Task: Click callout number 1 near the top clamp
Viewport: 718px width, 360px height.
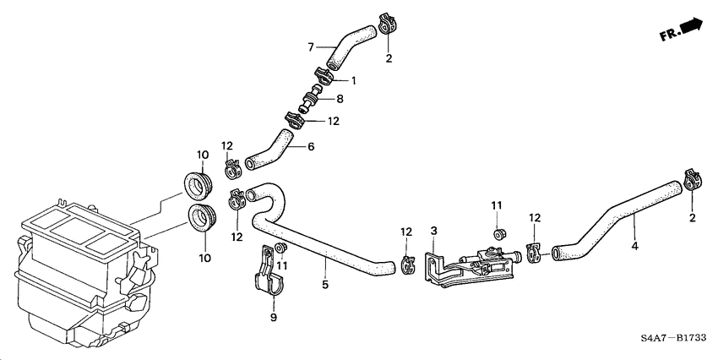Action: pyautogui.click(x=355, y=81)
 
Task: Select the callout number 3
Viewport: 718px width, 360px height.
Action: pyautogui.click(x=433, y=231)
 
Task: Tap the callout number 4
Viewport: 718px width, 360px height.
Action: pyautogui.click(x=634, y=248)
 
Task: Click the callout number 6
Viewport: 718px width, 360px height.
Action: pyautogui.click(x=311, y=146)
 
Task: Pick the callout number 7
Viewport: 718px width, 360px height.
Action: pyautogui.click(x=310, y=46)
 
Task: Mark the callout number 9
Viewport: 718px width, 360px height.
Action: pyautogui.click(x=274, y=318)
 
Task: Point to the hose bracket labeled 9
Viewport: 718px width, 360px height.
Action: pyautogui.click(x=269, y=275)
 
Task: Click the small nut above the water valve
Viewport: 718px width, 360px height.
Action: pyautogui.click(x=499, y=232)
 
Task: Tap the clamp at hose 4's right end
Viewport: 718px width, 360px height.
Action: pyautogui.click(x=692, y=179)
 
